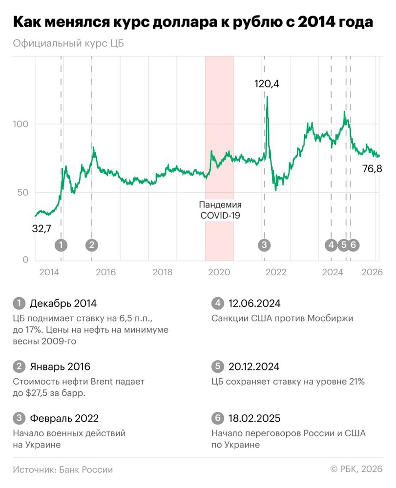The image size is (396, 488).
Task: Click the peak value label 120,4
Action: [x=267, y=84]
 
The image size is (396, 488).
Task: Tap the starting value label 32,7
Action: [x=42, y=227]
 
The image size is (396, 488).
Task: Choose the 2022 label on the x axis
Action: [x=275, y=272]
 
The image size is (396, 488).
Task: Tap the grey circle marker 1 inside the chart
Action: [x=61, y=245]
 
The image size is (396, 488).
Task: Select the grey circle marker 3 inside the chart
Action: [x=264, y=245]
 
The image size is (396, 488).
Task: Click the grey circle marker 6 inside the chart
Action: [x=353, y=245]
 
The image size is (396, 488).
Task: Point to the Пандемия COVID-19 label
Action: [x=219, y=210]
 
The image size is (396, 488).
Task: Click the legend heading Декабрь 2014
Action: [x=63, y=304]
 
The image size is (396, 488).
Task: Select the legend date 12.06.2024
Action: [x=254, y=304]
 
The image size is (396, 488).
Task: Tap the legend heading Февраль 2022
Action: [x=64, y=418]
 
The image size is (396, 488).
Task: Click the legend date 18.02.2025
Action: [x=254, y=418]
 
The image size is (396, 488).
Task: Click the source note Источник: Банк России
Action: [x=63, y=469]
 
